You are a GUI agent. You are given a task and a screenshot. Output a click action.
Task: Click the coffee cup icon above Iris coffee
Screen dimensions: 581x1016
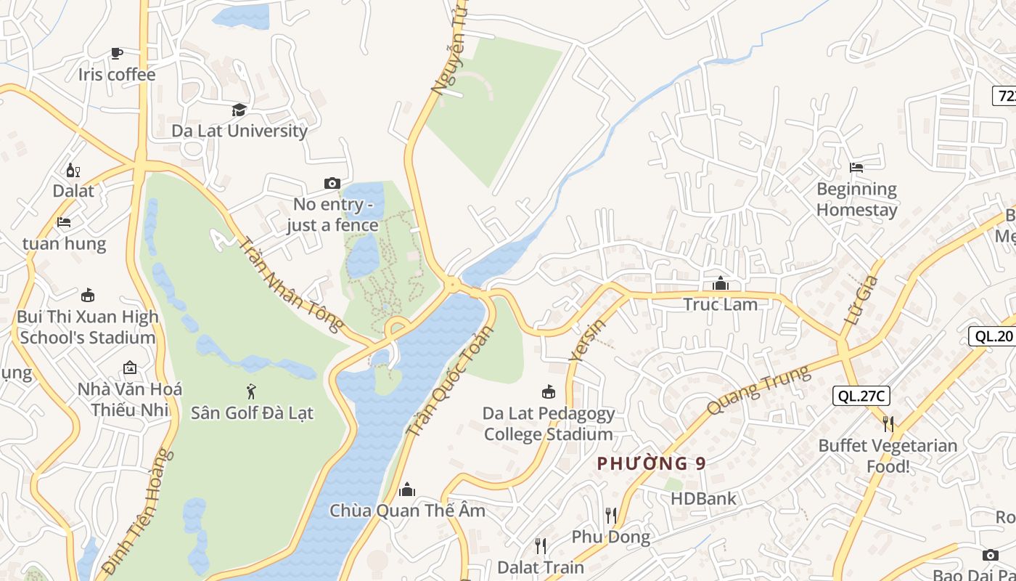click(116, 53)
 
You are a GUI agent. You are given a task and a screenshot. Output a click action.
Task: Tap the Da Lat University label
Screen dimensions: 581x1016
click(239, 131)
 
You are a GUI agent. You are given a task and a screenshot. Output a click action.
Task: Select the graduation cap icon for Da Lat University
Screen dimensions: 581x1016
click(239, 110)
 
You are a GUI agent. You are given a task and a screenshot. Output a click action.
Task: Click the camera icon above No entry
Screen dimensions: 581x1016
click(332, 183)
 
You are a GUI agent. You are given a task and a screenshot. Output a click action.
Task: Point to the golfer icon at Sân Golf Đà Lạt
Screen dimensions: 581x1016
click(251, 391)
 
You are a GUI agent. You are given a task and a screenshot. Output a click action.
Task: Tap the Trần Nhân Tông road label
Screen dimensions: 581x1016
click(290, 285)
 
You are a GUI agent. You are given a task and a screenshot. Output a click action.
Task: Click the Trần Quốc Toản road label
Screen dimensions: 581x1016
click(449, 381)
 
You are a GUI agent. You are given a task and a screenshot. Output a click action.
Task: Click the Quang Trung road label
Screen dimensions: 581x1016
click(758, 390)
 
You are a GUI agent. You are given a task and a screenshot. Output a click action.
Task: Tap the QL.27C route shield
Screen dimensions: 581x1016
click(861, 396)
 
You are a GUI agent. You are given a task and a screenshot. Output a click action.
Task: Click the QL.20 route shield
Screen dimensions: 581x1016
click(992, 336)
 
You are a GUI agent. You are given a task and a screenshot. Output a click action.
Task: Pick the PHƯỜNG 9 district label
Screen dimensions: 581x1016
click(651, 463)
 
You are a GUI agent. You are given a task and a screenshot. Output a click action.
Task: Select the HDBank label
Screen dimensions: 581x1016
click(702, 499)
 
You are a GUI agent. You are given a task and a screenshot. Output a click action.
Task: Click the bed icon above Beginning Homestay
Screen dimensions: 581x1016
click(856, 167)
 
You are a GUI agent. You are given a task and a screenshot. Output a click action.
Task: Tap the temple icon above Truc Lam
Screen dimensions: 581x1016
click(720, 283)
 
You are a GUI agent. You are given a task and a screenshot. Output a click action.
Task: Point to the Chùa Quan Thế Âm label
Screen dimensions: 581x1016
click(407, 511)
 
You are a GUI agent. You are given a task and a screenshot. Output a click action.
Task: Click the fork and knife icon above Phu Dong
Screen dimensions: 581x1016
click(611, 516)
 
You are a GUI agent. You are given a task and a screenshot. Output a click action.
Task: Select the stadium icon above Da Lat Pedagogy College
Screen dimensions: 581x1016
click(549, 392)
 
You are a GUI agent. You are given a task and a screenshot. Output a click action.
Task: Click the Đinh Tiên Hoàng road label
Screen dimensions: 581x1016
click(139, 512)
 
